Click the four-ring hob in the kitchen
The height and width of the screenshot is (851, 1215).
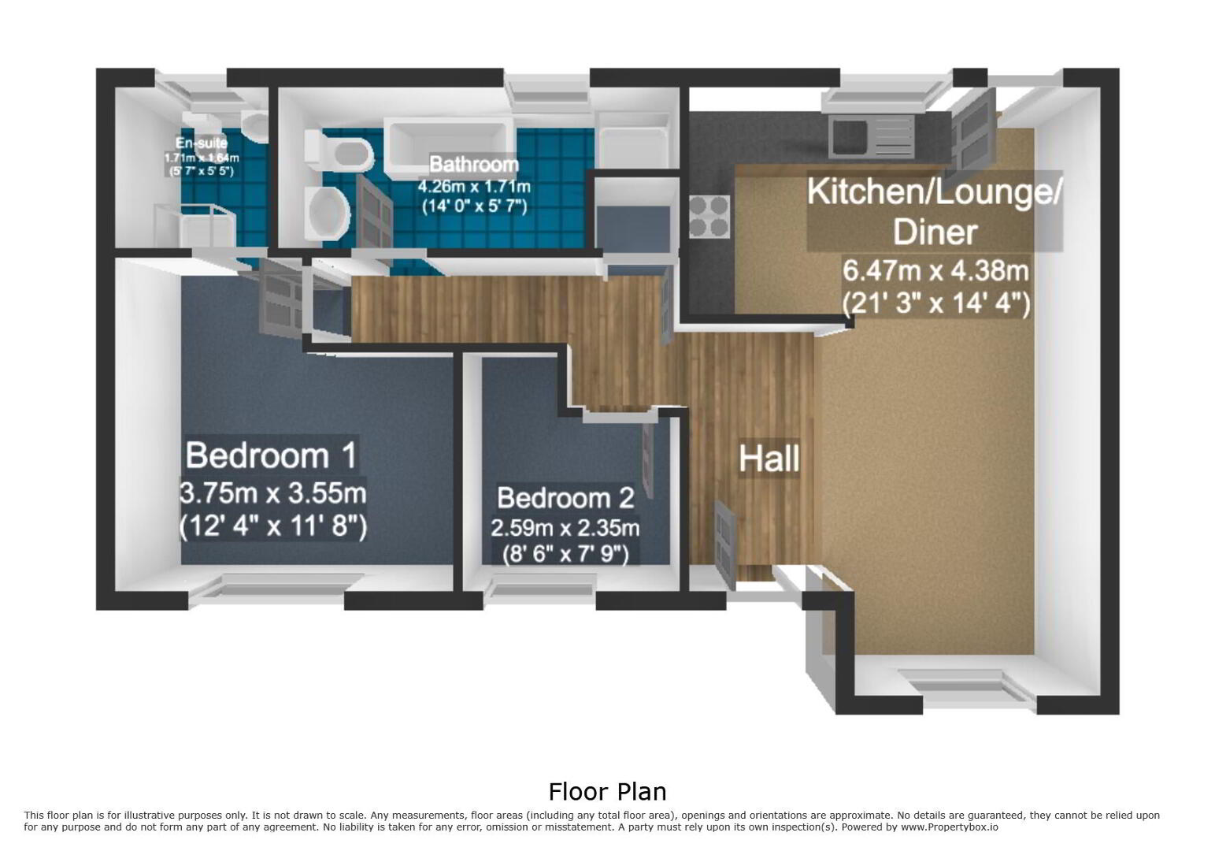pyautogui.click(x=709, y=217)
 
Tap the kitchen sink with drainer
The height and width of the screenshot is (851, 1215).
pyautogui.click(x=871, y=137)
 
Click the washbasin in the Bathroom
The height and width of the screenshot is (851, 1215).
pyautogui.click(x=327, y=214)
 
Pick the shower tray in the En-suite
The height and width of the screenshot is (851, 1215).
pyautogui.click(x=195, y=225)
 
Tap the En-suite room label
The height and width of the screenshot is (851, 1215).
pyautogui.click(x=202, y=143)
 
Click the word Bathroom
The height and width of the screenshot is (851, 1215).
pyautogui.click(x=474, y=164)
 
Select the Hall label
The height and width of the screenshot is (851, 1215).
pyautogui.click(x=769, y=459)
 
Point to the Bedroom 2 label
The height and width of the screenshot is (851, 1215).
pyautogui.click(x=565, y=498)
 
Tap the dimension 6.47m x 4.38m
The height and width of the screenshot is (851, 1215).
pyautogui.click(x=935, y=270)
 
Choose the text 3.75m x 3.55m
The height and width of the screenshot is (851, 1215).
pyautogui.click(x=272, y=493)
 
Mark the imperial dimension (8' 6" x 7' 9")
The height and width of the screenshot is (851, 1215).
pyautogui.click(x=565, y=555)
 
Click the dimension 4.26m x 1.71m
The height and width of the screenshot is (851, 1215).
pyautogui.click(x=474, y=187)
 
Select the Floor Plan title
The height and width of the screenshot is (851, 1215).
pyautogui.click(x=608, y=792)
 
